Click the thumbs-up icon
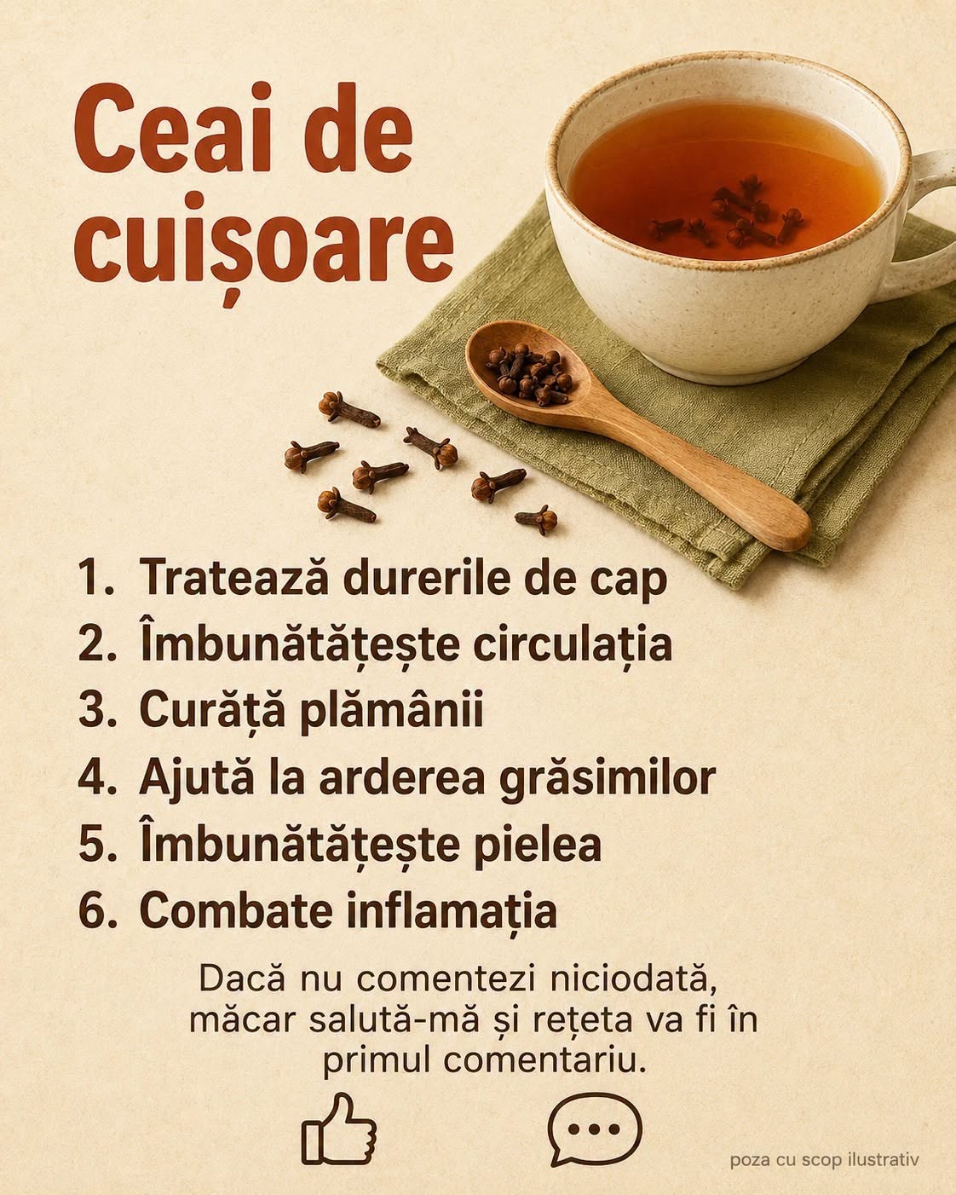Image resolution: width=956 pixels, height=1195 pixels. [338, 1129]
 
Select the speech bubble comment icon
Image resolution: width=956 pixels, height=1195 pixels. [595, 1129]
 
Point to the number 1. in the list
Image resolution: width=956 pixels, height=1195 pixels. [95, 577]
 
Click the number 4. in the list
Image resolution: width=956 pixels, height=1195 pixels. [97, 778]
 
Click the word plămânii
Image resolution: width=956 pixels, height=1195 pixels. [391, 712]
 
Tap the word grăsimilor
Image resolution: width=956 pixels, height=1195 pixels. [608, 780]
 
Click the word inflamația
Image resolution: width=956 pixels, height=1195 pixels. [452, 913]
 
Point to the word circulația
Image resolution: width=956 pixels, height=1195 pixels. [573, 645]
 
